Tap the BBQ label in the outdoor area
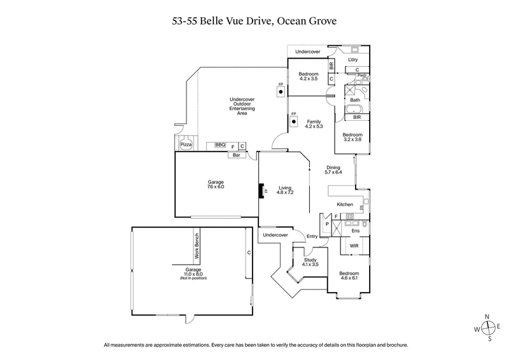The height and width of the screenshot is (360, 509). coord(220,146)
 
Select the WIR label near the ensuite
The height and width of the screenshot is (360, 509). coord(354,245)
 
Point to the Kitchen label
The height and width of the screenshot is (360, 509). coord(345,205)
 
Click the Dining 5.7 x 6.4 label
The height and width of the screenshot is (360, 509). coord(333,170)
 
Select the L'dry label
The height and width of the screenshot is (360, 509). coord(352,60)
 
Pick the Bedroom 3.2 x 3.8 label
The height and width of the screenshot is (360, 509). coord(352,137)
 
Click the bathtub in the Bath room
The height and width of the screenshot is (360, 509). coord(354,109)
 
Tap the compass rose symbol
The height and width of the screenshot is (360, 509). coord(488,328)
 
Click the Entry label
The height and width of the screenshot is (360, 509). coord(312,237)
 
